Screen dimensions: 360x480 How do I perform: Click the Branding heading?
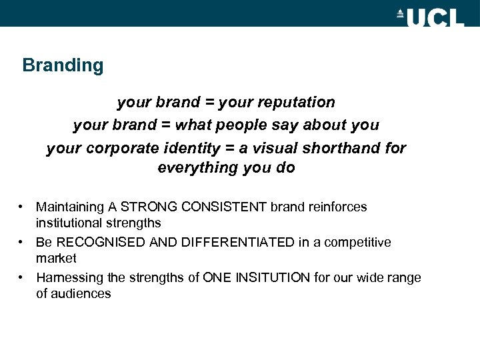tap(63, 65)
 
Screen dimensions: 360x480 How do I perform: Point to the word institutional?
tap(68, 223)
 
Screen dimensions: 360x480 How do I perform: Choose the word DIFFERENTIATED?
tap(229, 243)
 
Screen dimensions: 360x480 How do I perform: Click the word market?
tap(56, 259)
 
